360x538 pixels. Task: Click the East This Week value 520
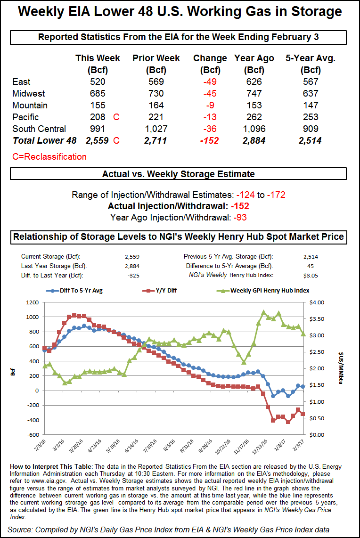click(x=98, y=82)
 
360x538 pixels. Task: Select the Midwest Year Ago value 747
click(x=254, y=94)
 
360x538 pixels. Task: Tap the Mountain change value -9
click(x=210, y=106)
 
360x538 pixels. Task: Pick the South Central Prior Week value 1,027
click(x=156, y=129)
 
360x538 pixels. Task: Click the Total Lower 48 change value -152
click(x=210, y=140)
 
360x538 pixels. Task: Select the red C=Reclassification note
click(x=49, y=157)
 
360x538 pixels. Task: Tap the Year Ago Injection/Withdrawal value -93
click(x=239, y=217)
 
